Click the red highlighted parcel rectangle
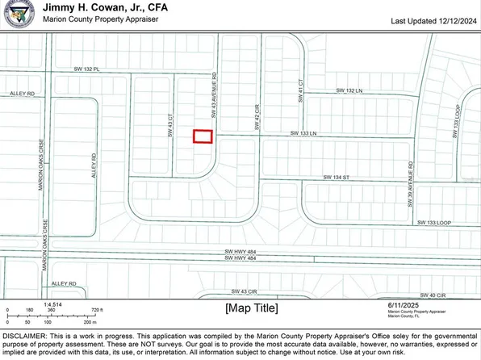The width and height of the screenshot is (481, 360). point(203,137)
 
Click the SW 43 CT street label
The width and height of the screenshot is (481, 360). point(171,129)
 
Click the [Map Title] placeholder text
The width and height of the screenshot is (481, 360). point(251,308)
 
